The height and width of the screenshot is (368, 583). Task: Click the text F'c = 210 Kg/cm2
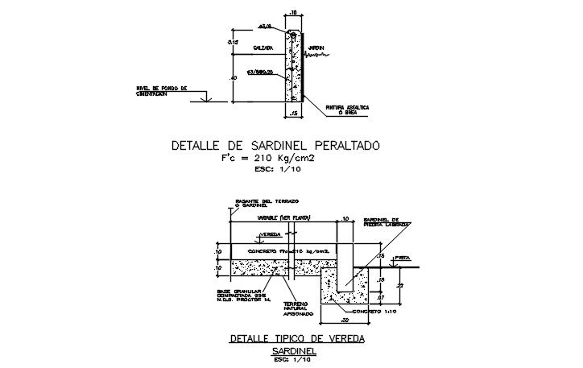point(268,159)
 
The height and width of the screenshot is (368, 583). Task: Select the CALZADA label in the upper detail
point(261,48)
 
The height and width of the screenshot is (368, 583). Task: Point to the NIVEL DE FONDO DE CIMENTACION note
point(161,91)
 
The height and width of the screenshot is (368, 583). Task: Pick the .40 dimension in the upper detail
point(233,78)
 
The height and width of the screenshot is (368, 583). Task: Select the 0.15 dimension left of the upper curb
point(232,40)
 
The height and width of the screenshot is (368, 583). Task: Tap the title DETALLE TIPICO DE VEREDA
point(297,339)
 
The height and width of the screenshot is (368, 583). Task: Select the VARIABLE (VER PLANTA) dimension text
point(283,218)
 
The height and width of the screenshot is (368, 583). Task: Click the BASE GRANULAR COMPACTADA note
point(239,295)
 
